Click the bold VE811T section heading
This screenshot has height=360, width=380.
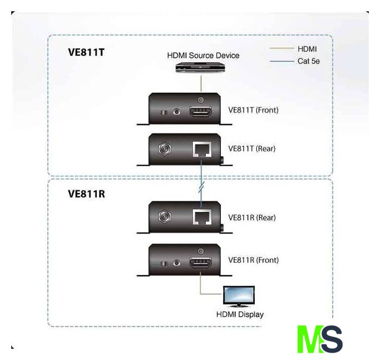point(87,53)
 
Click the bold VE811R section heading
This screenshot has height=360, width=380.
point(87,194)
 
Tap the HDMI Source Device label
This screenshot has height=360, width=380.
point(203,56)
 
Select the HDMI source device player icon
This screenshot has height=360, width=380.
point(200,67)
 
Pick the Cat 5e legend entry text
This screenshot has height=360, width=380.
point(309,61)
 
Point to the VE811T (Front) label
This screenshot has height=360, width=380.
point(253,110)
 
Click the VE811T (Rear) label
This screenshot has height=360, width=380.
point(252,149)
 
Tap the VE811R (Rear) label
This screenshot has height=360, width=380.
point(252,218)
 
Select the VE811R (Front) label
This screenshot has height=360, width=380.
point(253,260)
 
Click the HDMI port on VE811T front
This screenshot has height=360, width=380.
point(201,111)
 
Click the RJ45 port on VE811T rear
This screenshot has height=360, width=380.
point(201,150)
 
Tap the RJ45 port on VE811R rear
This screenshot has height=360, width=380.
point(201,217)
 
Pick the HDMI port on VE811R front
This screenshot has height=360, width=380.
point(201,262)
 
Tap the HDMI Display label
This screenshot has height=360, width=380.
point(240,314)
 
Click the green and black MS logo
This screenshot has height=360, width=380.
point(319,339)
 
